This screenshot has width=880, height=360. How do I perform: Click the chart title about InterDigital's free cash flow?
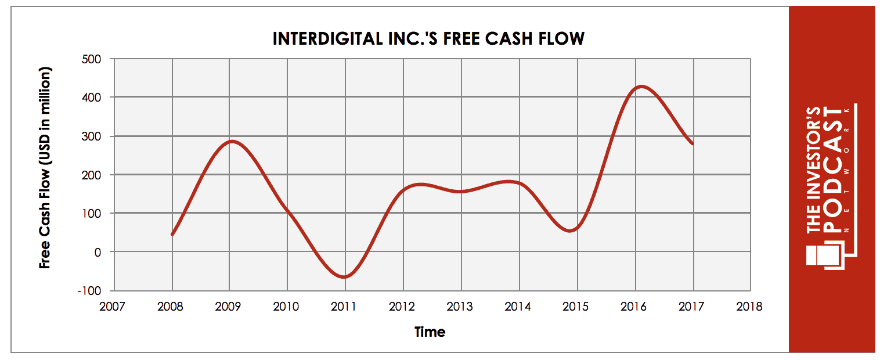(428, 39)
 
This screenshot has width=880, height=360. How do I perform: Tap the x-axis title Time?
(430, 332)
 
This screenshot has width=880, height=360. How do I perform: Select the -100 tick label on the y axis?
(90, 290)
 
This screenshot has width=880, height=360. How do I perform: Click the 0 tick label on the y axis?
(98, 252)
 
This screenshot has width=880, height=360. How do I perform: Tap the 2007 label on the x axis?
(112, 307)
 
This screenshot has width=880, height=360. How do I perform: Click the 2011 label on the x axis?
(344, 307)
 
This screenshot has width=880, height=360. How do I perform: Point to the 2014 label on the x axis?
(518, 307)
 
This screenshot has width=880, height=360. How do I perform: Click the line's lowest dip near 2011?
(344, 277)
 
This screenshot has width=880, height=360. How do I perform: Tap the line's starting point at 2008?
(172, 235)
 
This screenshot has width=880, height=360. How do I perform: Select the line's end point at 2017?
(693, 144)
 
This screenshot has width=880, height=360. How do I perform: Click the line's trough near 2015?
(571, 231)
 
